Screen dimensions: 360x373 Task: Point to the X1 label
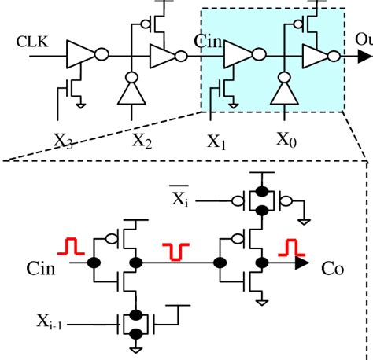pos(216,141)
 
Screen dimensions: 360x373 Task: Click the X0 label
pos(287,138)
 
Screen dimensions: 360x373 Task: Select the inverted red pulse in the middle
pos(175,252)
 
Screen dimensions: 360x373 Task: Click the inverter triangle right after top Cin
pos(238,55)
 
